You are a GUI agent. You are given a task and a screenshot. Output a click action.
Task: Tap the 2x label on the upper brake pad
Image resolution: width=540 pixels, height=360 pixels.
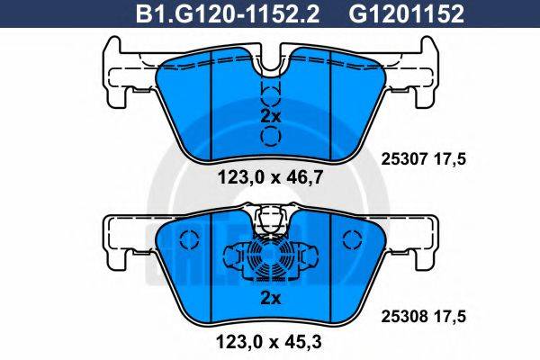click(x=270, y=117)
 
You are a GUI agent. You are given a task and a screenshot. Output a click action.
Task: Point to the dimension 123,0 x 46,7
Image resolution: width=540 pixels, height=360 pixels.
click(x=270, y=177)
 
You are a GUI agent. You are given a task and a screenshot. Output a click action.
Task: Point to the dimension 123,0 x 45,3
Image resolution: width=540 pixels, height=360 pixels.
click(x=270, y=341)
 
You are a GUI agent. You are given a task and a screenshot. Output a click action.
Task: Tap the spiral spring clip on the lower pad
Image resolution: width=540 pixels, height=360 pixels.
click(x=270, y=263)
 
